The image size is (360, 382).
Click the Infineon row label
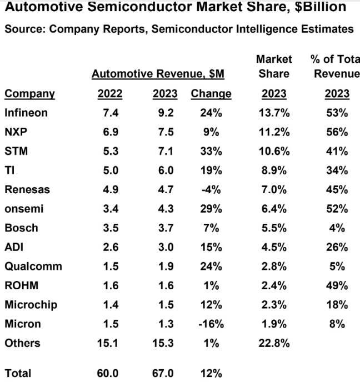[26, 113]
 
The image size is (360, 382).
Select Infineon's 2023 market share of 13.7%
[274, 113]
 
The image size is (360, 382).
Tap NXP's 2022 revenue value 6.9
[110, 132]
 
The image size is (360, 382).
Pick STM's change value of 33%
[211, 152]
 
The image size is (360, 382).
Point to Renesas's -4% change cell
[211, 189]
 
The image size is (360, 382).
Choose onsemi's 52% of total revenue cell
[337, 209]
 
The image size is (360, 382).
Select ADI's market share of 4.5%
[274, 247]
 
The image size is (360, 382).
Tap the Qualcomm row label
[33, 266]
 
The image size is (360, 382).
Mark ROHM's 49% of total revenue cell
[337, 286]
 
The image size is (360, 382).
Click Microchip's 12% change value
[211, 305]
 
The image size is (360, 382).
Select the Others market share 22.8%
[274, 343]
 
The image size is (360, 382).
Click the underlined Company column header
[29, 93]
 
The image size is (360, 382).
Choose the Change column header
[211, 93]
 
